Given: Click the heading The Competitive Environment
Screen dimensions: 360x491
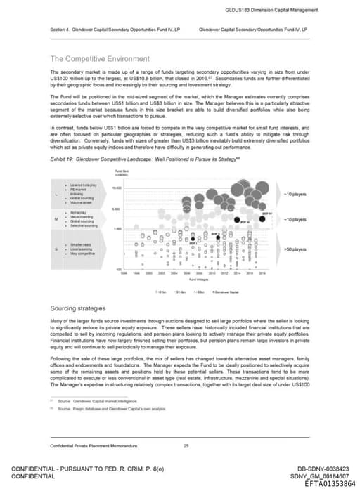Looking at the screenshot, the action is [x=99, y=58].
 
